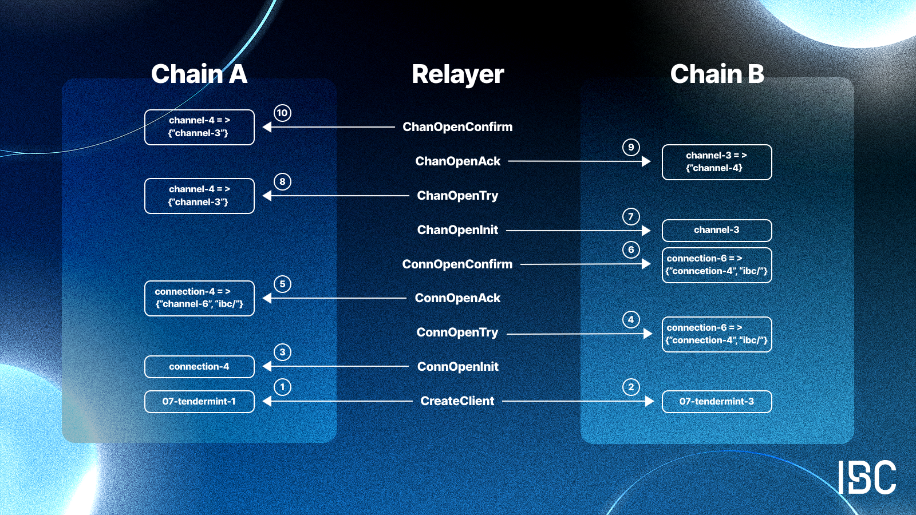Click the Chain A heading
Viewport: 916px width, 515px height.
[199, 74]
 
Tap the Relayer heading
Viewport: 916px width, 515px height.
[457, 74]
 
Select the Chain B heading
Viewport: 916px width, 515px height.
[717, 74]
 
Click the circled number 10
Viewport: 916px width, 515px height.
[282, 113]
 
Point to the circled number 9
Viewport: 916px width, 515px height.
[631, 147]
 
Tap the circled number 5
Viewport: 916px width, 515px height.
[282, 284]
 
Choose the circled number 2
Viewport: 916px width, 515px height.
[631, 387]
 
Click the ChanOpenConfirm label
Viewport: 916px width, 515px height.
[457, 127]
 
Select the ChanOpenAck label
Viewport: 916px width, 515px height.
[457, 161]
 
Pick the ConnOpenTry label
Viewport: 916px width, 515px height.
[457, 332]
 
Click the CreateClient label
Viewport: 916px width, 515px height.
[457, 401]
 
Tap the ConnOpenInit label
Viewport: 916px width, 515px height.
[457, 367]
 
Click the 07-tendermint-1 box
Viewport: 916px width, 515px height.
[199, 401]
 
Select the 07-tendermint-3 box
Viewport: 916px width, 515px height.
[717, 401]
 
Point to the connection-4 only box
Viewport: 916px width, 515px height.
[199, 367]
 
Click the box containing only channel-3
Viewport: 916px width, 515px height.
[717, 230]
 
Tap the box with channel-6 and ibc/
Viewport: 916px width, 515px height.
[199, 298]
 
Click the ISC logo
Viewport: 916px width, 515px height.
[867, 477]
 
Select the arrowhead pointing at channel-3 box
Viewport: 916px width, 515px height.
[646, 231]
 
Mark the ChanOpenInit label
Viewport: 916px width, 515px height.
[457, 230]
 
